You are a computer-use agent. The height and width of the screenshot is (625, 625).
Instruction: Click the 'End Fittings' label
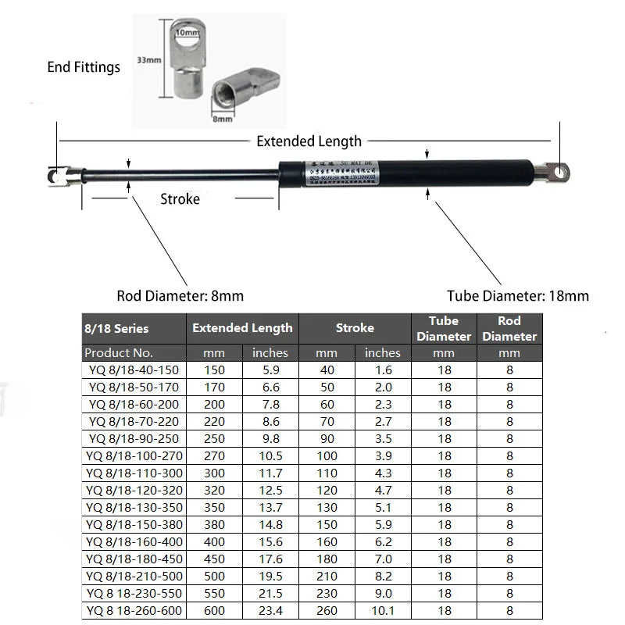click(x=84, y=67)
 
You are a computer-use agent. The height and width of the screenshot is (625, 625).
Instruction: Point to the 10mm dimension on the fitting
click(x=187, y=33)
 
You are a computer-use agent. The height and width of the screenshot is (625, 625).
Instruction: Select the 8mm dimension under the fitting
click(x=223, y=119)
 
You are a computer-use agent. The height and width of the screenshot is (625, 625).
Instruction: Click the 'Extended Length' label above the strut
click(x=309, y=141)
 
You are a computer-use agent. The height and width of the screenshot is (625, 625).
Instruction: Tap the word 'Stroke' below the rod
click(x=180, y=199)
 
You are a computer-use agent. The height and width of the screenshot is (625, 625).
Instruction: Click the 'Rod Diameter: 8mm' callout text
click(x=180, y=296)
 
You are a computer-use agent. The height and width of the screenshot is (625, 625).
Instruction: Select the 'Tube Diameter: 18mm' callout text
click(x=518, y=296)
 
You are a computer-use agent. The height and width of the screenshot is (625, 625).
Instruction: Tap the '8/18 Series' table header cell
click(x=116, y=329)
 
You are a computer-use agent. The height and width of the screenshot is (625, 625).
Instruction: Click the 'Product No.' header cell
click(x=119, y=353)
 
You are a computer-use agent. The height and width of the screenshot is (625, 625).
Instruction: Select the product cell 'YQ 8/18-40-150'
click(x=134, y=370)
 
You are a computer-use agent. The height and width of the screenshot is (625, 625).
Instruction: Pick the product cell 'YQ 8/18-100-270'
click(x=134, y=456)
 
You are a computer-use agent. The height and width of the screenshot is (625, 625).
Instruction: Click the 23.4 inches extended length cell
click(x=270, y=611)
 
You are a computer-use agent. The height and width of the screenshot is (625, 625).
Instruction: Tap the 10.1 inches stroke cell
click(x=383, y=611)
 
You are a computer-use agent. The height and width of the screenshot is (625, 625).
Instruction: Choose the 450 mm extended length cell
click(x=214, y=559)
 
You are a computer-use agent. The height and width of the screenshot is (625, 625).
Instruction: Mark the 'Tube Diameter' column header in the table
click(x=444, y=329)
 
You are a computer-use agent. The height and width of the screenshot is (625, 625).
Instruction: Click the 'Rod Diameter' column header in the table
click(x=509, y=329)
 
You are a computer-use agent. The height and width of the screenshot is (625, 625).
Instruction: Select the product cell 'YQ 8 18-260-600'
click(x=134, y=611)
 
